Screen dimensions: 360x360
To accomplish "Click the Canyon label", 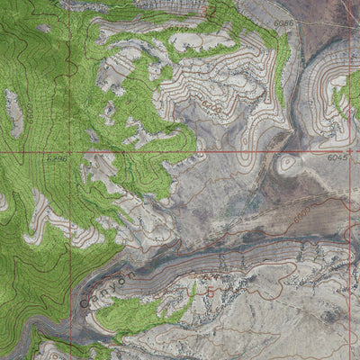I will click(x=107, y=287).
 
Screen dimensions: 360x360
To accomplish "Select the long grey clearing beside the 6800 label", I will click(x=13, y=112).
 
